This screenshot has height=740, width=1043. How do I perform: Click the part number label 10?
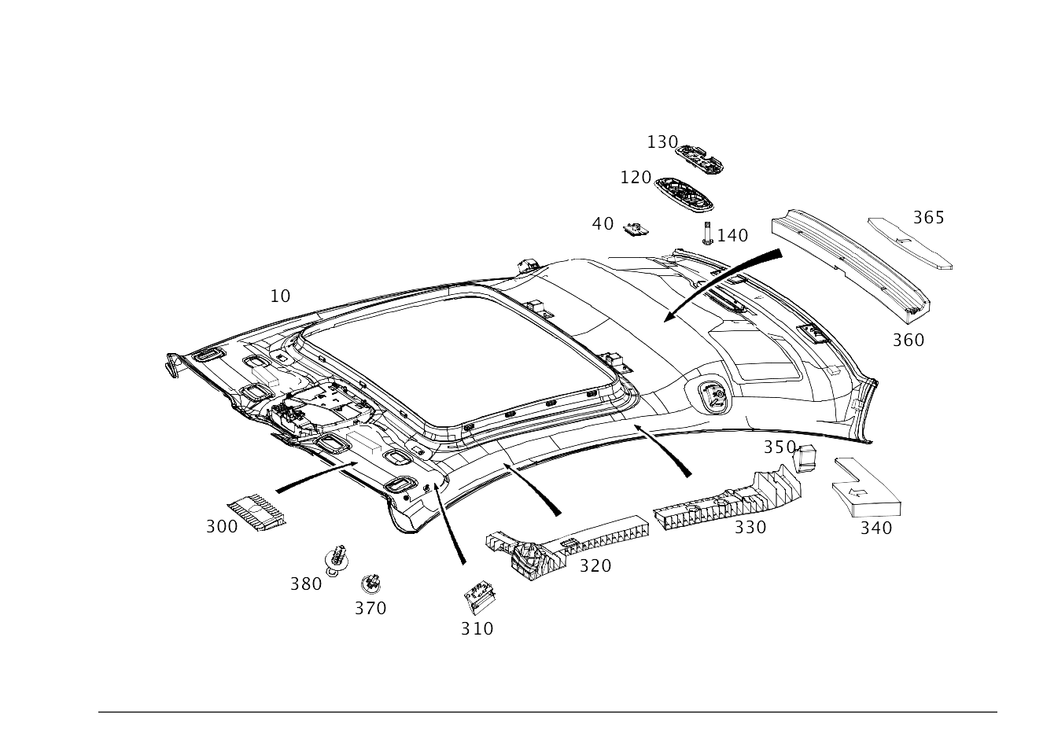280,296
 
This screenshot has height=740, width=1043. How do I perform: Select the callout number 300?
221,527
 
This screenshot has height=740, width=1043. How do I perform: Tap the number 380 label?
306,584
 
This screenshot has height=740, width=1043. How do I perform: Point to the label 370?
370,608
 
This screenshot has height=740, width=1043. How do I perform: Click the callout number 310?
477,628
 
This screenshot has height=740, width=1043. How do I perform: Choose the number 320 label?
595,565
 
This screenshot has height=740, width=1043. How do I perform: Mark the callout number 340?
875,528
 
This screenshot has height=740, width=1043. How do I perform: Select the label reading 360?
908,340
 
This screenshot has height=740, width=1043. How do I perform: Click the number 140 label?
732,235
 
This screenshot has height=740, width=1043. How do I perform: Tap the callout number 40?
603,223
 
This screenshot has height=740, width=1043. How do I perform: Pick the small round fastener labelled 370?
370,584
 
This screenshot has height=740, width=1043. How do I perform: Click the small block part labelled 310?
480,598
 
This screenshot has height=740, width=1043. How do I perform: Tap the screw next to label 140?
709,234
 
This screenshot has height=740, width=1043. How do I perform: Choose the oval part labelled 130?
702,159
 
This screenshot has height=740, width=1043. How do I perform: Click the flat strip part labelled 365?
909,242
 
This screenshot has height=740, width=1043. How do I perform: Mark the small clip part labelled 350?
805,458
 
